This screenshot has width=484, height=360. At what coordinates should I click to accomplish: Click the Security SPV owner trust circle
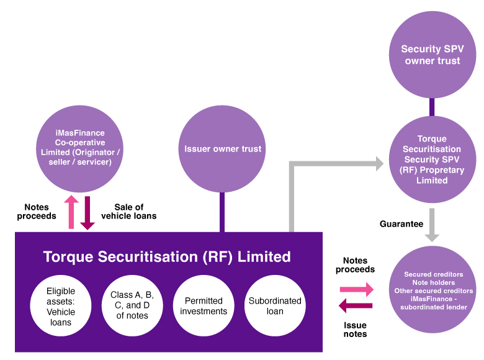432,55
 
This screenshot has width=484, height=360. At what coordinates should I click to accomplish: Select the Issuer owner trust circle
222,149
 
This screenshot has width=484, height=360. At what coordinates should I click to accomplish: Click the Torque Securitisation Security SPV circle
432,160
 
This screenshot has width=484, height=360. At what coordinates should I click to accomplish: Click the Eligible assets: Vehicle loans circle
61,306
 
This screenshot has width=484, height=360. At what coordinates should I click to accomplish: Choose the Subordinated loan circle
274,306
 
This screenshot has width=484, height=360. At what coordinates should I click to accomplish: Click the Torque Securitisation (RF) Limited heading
166,256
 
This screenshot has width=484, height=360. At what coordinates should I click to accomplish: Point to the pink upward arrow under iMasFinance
71,212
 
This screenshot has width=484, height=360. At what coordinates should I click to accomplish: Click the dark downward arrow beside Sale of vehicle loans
87,213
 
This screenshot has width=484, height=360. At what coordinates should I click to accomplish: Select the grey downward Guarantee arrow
432,224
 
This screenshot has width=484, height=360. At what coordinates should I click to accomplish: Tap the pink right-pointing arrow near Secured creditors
356,289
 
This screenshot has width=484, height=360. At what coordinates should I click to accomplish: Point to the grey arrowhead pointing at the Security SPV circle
377,163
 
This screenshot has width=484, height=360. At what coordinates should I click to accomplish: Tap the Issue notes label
355,330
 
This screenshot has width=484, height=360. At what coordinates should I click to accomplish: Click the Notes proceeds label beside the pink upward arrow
40,212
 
